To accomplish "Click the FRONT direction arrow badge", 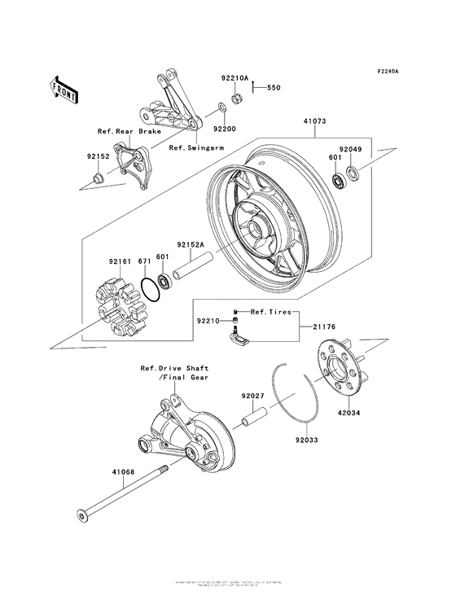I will (x=64, y=88).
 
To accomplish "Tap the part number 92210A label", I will (x=233, y=78).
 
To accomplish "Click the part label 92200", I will (x=226, y=129).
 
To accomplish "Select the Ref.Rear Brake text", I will (x=129, y=131).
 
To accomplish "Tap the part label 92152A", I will (x=192, y=243).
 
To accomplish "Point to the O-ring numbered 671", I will (x=149, y=287).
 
